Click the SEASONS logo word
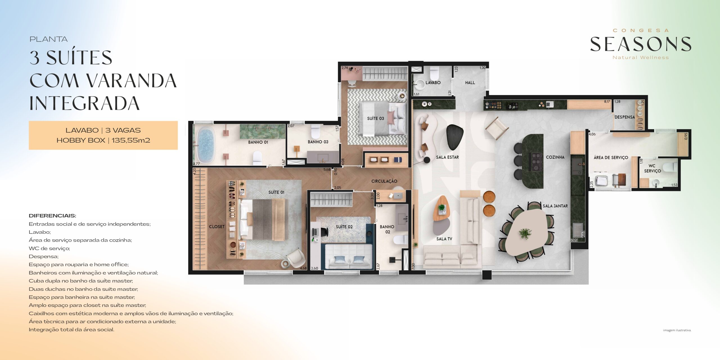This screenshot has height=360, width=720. (640, 44)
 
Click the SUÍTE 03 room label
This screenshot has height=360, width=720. (375, 118)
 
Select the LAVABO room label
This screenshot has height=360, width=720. (433, 83)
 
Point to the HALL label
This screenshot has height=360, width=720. (470, 83)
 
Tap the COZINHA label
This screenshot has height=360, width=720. (555, 157)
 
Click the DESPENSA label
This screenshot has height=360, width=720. (625, 117)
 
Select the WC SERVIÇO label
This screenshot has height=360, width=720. (652, 168)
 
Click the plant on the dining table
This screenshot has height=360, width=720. (525, 233)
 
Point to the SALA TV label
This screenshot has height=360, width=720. (444, 239)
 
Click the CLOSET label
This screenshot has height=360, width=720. (217, 227)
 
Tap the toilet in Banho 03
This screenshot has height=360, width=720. (316, 131)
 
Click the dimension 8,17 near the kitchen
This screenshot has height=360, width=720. (607, 102)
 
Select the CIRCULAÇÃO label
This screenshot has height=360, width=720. (384, 181)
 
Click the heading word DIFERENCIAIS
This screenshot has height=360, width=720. (52, 216)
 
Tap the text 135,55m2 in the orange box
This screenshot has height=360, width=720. (131, 140)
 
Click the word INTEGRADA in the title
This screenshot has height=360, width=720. (85, 103)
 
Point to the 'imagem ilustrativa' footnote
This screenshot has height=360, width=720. (677, 330)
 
